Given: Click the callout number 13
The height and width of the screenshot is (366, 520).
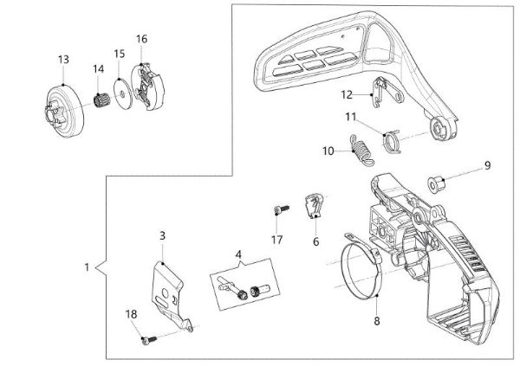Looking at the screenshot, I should pos(63,59).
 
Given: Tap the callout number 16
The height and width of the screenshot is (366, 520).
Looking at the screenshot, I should pos(142,39).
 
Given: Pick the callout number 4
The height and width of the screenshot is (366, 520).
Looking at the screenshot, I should pos(237,254).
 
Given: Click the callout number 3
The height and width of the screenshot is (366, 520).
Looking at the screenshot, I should pos(162,234).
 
